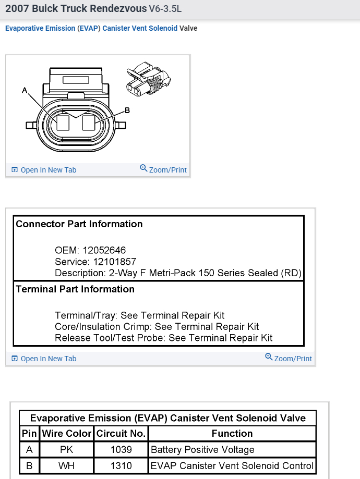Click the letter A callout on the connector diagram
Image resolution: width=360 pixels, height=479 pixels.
[25, 91]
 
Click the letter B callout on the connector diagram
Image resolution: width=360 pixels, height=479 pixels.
[127, 110]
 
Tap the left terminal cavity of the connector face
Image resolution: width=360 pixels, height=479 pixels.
[63, 122]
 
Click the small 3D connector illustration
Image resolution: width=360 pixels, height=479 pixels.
[148, 79]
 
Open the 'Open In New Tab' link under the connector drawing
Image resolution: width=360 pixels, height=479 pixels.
[44, 170]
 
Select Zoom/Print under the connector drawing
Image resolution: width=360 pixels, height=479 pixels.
[163, 169]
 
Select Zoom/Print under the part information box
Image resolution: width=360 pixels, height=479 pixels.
[289, 358]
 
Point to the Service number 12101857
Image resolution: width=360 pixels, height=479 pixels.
[114, 261]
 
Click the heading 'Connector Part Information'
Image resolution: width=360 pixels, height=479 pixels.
[79, 224]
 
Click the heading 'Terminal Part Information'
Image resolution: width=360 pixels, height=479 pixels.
[75, 289]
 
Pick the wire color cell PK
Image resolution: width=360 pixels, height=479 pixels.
[66, 450]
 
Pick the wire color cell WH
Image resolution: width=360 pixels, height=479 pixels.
[66, 466]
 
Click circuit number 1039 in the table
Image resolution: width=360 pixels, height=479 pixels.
[121, 450]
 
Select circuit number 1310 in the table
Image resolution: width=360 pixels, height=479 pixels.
[121, 466]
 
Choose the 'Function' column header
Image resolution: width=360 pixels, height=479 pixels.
[232, 434]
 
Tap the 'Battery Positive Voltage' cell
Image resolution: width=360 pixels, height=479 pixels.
[202, 450]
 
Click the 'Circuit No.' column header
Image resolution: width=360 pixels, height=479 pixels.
[121, 434]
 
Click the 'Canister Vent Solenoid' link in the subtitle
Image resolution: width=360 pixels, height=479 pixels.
[140, 28]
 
